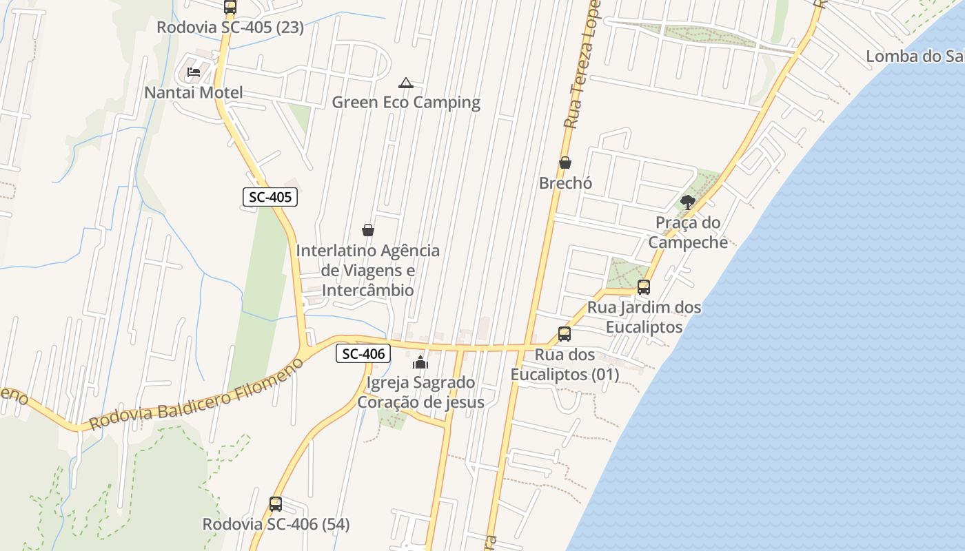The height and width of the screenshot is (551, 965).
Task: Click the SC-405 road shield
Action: [x=270, y=197]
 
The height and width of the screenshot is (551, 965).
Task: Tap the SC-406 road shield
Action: [x=363, y=354]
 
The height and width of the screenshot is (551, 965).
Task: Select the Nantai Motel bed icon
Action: [x=194, y=72]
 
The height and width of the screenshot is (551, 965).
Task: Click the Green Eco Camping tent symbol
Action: [x=406, y=83]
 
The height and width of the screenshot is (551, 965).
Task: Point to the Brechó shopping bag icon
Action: [x=565, y=163]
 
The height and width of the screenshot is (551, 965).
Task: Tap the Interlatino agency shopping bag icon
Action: [x=368, y=230]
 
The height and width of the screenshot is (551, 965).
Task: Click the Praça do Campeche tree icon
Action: [x=687, y=202]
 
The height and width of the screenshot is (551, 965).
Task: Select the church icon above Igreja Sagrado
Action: [x=420, y=362]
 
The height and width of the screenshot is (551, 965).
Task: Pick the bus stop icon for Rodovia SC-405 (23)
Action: [x=230, y=7]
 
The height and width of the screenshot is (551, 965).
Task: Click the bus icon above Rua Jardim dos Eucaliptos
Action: [x=644, y=287]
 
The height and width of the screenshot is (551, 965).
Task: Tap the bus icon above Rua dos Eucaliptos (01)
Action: [x=565, y=334]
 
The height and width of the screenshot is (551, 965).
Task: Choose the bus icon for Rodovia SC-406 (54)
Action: [x=276, y=504]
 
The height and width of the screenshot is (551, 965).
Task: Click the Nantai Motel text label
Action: [x=194, y=92]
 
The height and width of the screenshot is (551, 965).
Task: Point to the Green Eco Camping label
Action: [x=406, y=103]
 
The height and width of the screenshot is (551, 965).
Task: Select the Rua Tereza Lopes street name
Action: [x=581, y=65]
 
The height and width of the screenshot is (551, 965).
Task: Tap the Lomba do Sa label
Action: [x=914, y=56]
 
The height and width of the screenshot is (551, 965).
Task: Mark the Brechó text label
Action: [x=565, y=183]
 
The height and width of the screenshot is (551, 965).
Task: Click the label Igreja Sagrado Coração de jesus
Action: [x=420, y=392]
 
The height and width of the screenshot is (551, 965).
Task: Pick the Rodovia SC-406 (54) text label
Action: [x=276, y=524]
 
